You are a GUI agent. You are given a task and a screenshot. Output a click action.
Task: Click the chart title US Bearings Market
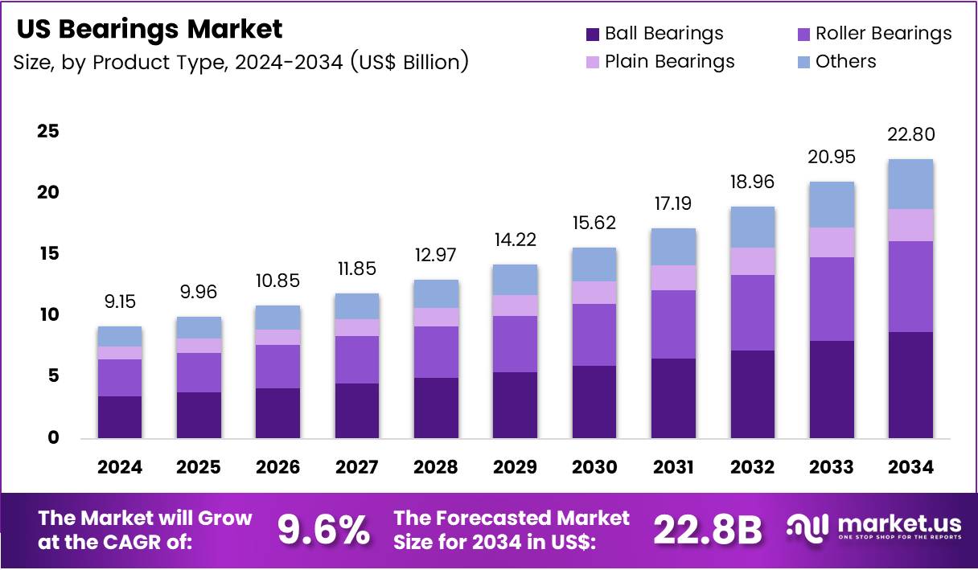150,30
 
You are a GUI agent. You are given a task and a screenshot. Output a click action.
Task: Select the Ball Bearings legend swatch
593,34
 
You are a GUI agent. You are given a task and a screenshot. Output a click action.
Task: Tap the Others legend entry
845,62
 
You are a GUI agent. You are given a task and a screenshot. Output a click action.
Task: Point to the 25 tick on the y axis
47,131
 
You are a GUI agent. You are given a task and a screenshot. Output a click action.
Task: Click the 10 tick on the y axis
47,315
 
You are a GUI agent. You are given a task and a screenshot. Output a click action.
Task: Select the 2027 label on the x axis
357,467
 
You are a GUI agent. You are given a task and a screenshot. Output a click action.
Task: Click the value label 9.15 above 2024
120,302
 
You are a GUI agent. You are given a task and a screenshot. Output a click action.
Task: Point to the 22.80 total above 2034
910,135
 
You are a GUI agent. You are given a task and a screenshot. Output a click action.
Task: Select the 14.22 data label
515,240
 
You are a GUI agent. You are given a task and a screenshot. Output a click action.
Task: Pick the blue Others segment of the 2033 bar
832,204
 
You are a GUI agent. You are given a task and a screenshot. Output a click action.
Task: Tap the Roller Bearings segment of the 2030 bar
594,334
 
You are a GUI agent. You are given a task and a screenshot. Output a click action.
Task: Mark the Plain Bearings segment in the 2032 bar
753,261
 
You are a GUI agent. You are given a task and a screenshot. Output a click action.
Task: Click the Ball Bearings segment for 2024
120,416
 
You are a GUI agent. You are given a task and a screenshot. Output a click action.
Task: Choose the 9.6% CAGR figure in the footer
323,529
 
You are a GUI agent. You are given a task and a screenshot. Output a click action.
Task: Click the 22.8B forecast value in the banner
707,529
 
